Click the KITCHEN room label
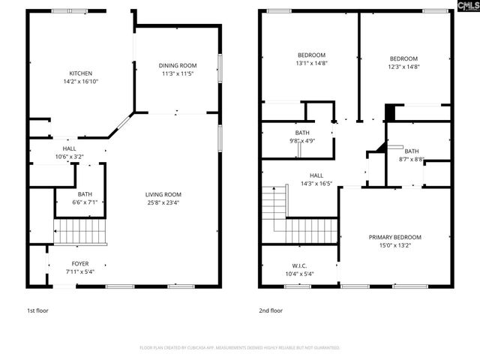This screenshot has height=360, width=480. pyautogui.click(x=80, y=73)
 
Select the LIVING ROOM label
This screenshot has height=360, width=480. pyautogui.click(x=163, y=194)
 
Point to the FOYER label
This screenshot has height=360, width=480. pyautogui.click(x=79, y=263)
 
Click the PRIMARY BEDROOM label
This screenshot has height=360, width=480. pyautogui.click(x=394, y=237)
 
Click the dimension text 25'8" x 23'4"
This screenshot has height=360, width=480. pyautogui.click(x=163, y=202)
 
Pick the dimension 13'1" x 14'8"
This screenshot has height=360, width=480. pyautogui.click(x=311, y=63)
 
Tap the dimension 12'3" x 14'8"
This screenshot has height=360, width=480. pyautogui.click(x=403, y=67)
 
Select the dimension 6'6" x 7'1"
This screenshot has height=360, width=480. pyautogui.click(x=85, y=202)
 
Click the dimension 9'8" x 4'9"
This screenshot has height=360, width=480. pyautogui.click(x=301, y=140)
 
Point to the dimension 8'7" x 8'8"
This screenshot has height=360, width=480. pyautogui.click(x=412, y=159)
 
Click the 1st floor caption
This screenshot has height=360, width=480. pyautogui.click(x=38, y=310)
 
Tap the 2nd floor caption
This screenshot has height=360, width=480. pyautogui.click(x=271, y=310)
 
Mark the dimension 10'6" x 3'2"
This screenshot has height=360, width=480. pyautogui.click(x=69, y=157)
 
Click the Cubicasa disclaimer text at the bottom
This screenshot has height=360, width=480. pyautogui.click(x=239, y=348)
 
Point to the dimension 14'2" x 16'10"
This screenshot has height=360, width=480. pyautogui.click(x=80, y=82)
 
